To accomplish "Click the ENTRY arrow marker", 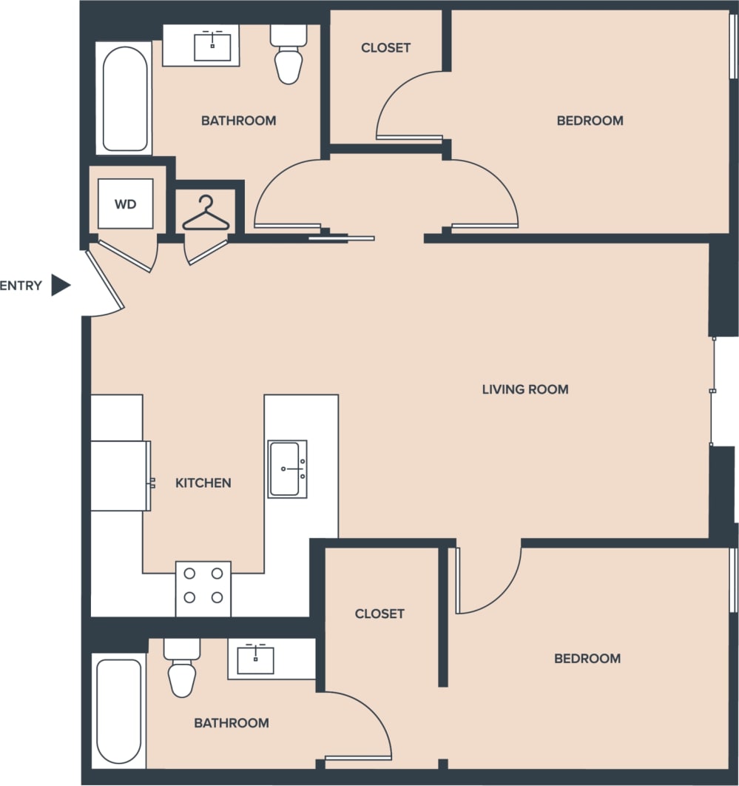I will click(60, 285).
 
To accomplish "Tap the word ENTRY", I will click(21, 286).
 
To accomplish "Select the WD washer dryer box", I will click(126, 204).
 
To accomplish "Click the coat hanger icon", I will click(206, 214).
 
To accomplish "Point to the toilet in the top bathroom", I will click(288, 55).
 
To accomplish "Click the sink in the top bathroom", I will click(212, 46).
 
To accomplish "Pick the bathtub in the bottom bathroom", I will click(118, 711).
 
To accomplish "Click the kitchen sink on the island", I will click(287, 469).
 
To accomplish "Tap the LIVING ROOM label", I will click(525, 389).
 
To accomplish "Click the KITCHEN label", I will click(203, 483).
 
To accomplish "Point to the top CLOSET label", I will click(385, 48).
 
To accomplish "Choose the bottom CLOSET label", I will click(379, 614).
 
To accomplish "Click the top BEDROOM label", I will click(590, 121).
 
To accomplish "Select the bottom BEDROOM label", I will click(587, 658).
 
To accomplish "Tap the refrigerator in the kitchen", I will click(119, 476).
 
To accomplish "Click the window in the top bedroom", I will click(733, 46).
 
